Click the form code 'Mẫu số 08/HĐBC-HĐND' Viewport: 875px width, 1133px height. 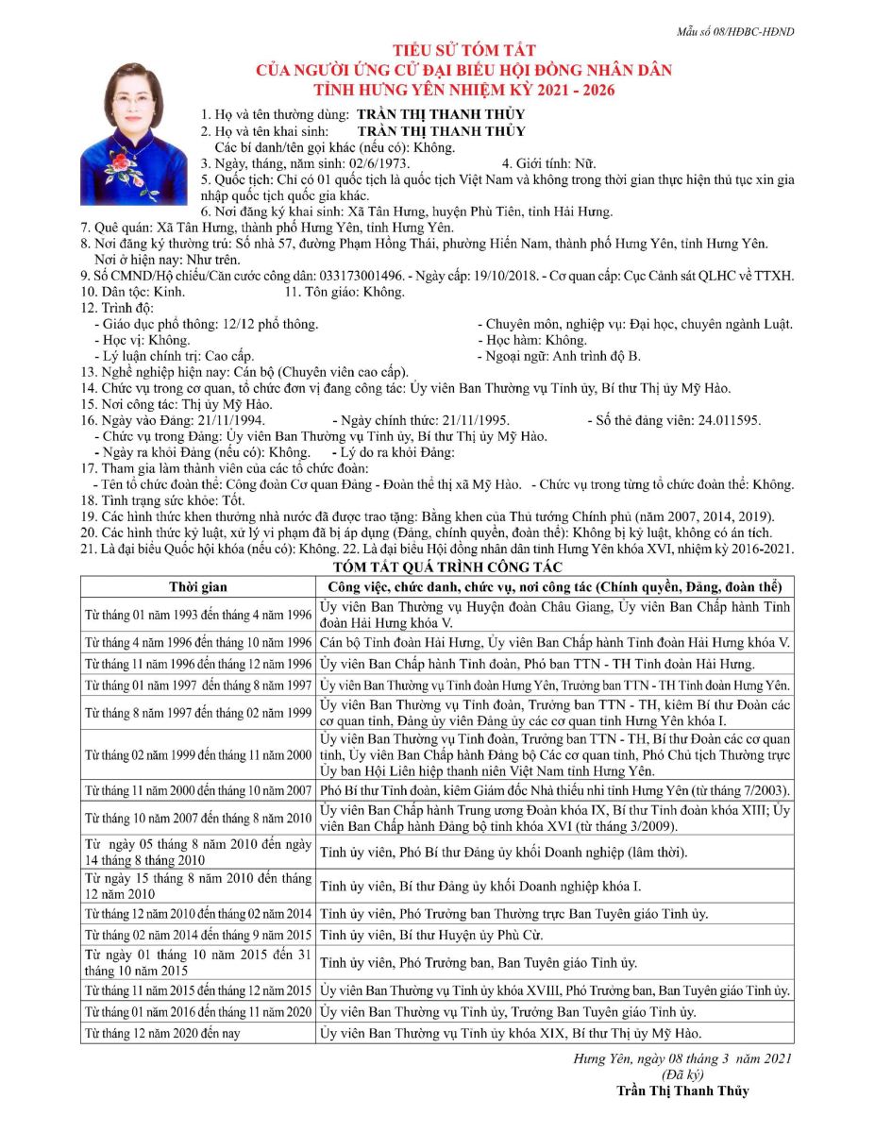735,32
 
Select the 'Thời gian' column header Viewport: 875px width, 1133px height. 197,586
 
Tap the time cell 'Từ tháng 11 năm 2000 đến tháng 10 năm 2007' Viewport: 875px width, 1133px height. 198,789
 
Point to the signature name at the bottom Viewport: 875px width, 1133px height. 682,1091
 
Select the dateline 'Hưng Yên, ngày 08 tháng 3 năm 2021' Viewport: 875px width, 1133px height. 682,1058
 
